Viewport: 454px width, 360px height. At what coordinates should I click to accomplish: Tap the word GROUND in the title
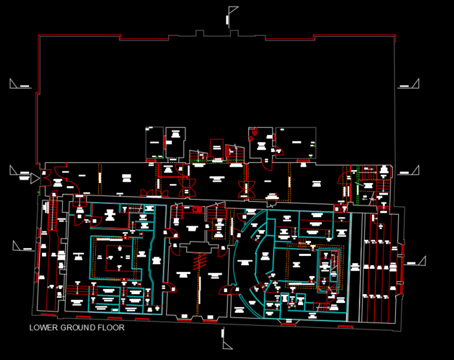pos(79,328)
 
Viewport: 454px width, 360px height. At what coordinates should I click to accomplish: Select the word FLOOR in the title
pos(111,328)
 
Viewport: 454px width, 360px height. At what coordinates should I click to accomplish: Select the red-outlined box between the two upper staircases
pos(217,148)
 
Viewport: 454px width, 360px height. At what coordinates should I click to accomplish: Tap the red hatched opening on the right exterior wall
pos(402,262)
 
